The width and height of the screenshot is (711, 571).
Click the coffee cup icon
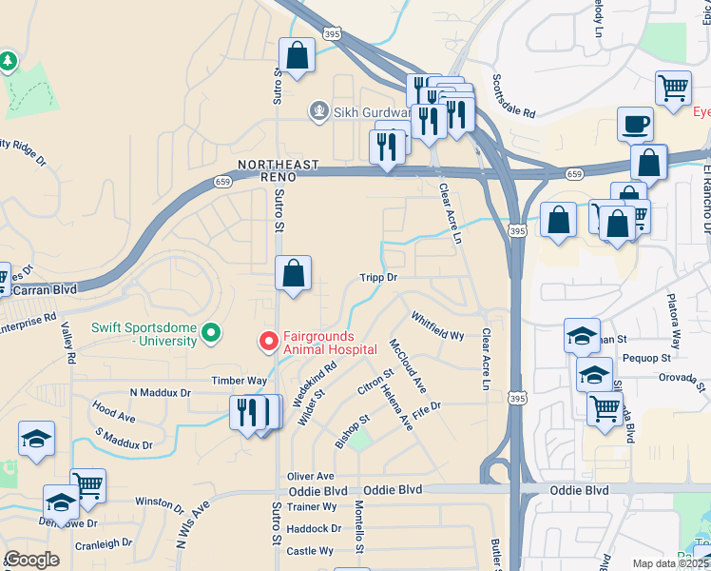[x=635, y=124]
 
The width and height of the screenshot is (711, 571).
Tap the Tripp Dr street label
[x=377, y=278]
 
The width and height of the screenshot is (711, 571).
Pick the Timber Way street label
[x=239, y=381]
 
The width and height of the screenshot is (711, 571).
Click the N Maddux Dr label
[x=161, y=392]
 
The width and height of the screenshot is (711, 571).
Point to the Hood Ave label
[x=114, y=414]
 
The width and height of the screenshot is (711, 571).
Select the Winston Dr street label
[x=161, y=502]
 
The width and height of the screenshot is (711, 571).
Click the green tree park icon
[x=10, y=62]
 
